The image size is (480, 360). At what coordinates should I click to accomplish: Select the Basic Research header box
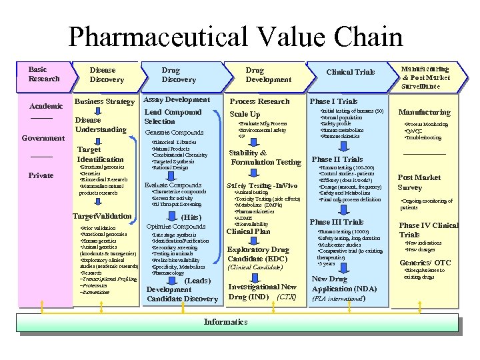point(44,74)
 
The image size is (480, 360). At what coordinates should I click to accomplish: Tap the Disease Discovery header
point(107,75)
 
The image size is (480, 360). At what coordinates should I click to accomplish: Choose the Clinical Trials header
point(350,72)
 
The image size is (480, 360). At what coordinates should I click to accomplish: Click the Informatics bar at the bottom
point(225,322)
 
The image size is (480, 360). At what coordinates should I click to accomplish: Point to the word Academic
point(46,106)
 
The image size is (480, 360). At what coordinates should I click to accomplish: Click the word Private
point(41,176)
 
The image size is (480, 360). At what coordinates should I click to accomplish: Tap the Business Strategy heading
point(104,101)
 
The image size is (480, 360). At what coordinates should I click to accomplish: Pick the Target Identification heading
point(100,155)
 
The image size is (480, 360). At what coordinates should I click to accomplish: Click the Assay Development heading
point(177,100)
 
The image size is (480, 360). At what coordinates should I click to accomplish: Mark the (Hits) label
point(191,217)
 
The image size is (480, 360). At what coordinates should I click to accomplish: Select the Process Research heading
point(259,101)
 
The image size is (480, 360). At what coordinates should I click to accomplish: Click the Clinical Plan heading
point(249,232)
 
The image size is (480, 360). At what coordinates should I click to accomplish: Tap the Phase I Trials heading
point(333,101)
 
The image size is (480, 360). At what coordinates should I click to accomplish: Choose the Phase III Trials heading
point(337,222)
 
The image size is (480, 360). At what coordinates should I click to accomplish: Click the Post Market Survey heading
point(419,183)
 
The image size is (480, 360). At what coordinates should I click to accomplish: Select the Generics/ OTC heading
point(425,263)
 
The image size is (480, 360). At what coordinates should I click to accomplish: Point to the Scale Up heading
point(245,115)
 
